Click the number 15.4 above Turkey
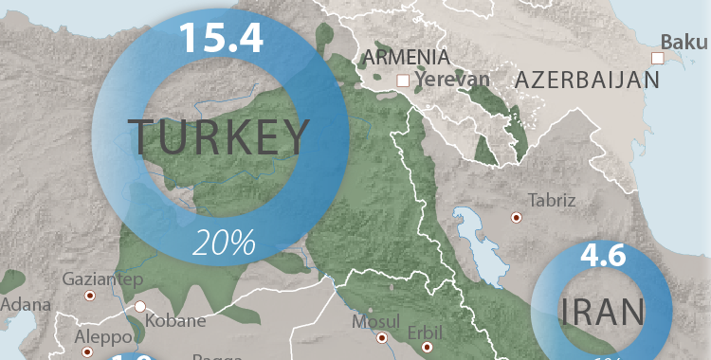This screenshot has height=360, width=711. [220, 36]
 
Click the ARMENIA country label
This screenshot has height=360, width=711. [406, 58]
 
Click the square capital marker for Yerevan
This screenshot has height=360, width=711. [404, 81]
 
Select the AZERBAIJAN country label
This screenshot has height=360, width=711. [587, 81]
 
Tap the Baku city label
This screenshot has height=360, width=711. [684, 42]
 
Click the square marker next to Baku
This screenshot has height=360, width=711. [655, 58]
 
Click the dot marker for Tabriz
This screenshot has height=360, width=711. [517, 217]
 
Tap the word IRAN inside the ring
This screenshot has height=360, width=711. [603, 311]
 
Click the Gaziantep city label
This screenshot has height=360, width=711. [101, 279]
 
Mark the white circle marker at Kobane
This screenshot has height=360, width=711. [140, 307]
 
